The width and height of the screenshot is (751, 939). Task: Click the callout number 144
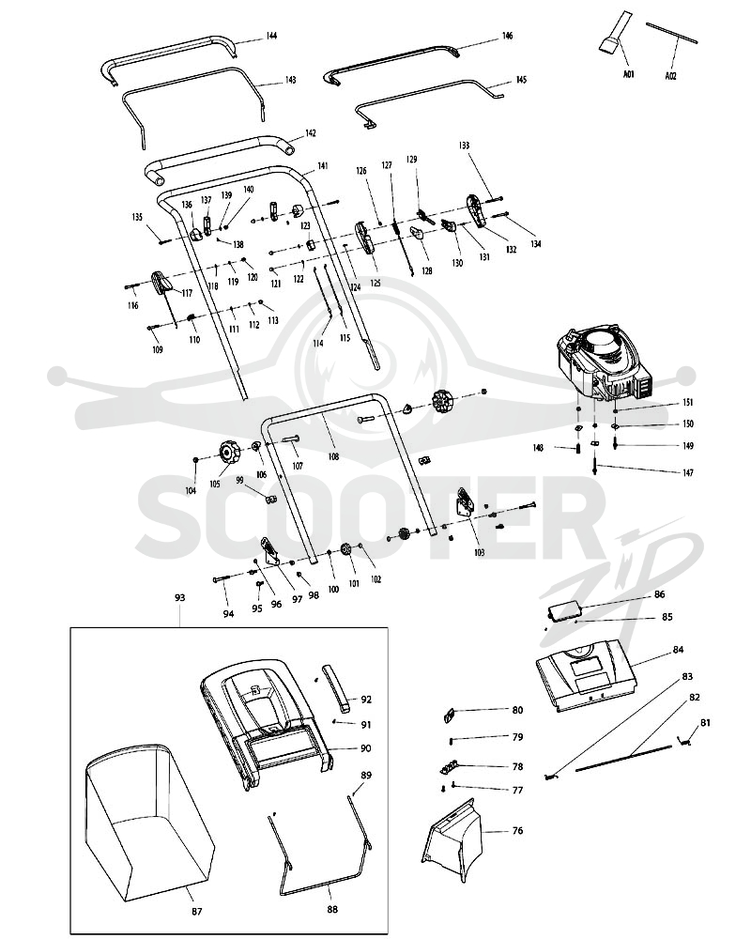(x=271, y=36)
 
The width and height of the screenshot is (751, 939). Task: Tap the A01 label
(x=628, y=74)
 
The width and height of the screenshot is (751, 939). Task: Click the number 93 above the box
(x=179, y=597)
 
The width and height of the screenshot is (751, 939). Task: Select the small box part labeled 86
(x=565, y=611)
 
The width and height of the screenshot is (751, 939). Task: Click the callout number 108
(x=333, y=456)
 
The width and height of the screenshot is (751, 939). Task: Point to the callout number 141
(x=322, y=166)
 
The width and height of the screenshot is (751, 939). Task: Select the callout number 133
(x=464, y=146)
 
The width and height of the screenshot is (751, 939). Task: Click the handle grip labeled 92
(x=335, y=688)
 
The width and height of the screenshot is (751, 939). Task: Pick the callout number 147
(x=688, y=472)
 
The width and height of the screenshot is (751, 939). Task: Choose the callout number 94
(x=228, y=614)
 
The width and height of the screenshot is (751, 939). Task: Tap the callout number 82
(x=695, y=697)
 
